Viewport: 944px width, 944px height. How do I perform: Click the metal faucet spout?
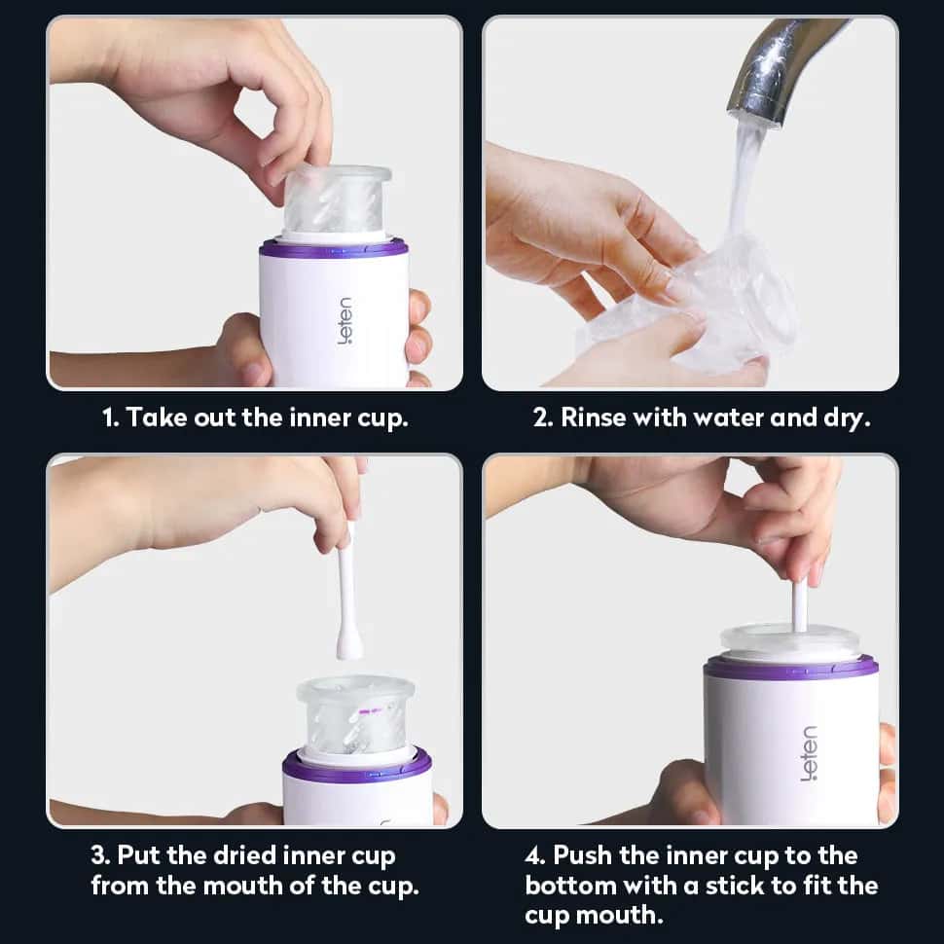777,66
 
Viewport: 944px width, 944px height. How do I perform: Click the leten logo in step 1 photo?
345,321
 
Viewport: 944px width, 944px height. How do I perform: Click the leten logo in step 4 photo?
809,753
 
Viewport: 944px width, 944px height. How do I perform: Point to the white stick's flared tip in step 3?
348,644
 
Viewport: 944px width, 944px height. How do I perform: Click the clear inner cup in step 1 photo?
336,200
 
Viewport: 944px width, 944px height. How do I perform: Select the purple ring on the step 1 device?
334,247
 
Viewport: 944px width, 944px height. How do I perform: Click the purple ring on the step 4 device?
790,669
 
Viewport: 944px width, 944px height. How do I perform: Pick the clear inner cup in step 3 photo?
355,715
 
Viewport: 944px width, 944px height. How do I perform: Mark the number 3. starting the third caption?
100,855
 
